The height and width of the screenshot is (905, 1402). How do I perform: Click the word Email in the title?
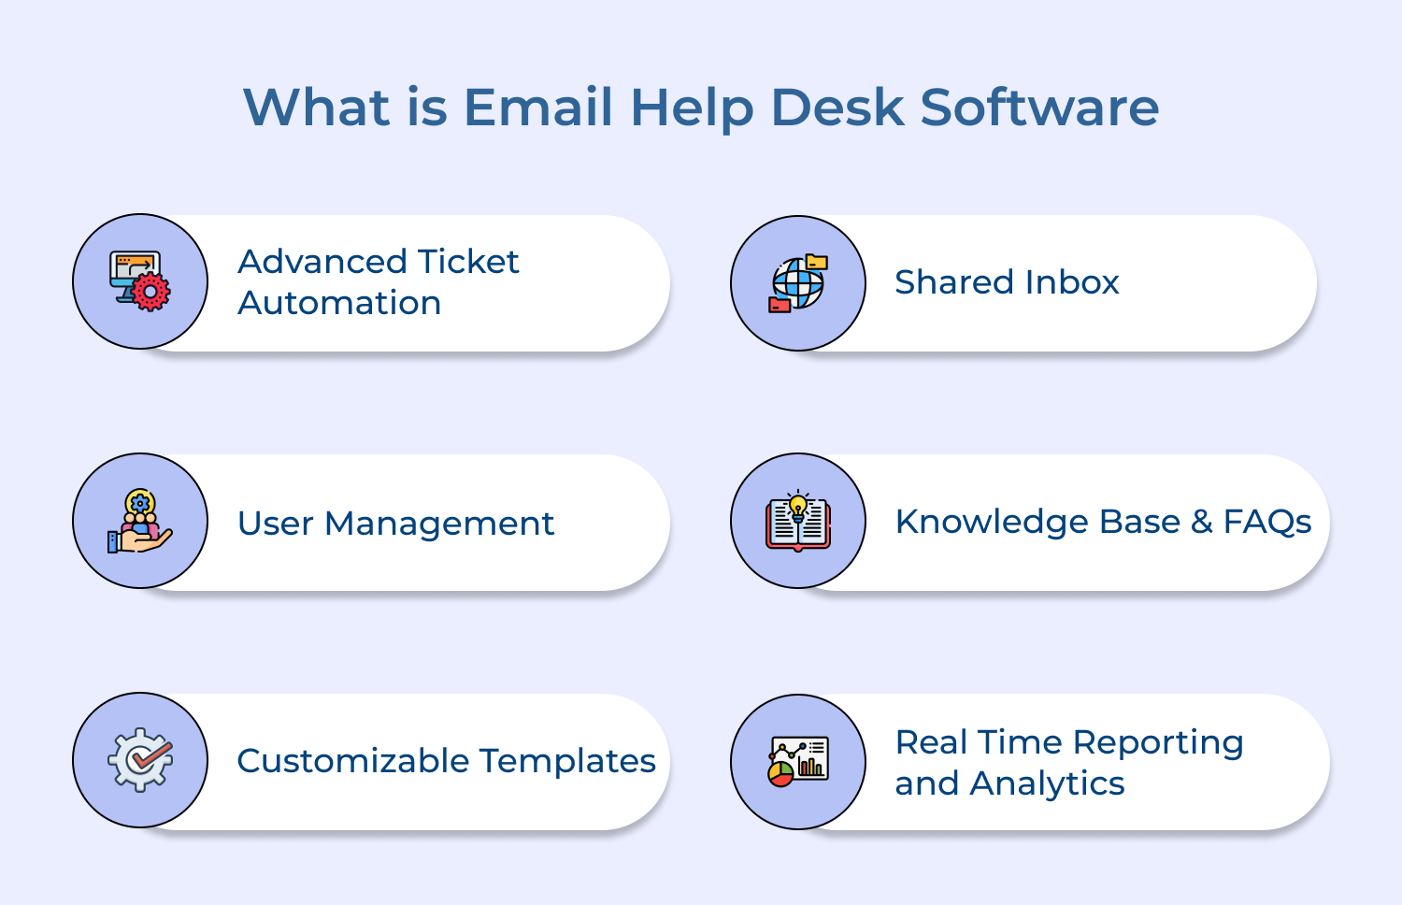click(537, 107)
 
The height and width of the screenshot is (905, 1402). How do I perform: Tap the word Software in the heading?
click(1039, 107)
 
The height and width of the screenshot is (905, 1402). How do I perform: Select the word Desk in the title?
click(838, 107)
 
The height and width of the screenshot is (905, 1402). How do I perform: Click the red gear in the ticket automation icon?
click(150, 292)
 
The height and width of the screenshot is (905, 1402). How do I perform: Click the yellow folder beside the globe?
click(817, 262)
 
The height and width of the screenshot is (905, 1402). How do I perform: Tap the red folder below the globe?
click(780, 305)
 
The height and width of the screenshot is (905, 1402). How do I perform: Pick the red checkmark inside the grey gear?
click(150, 756)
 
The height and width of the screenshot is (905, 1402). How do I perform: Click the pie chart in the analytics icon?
click(780, 774)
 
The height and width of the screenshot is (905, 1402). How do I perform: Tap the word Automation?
click(339, 303)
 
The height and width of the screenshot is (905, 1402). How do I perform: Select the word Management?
click(438, 524)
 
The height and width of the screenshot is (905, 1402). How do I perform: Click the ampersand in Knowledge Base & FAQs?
click(1202, 522)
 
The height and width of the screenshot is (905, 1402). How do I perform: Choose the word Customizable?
click(353, 760)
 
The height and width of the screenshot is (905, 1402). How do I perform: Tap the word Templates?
click(567, 761)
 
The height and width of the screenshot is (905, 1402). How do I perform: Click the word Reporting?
click(1158, 743)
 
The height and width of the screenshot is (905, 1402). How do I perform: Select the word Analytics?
click(1047, 783)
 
